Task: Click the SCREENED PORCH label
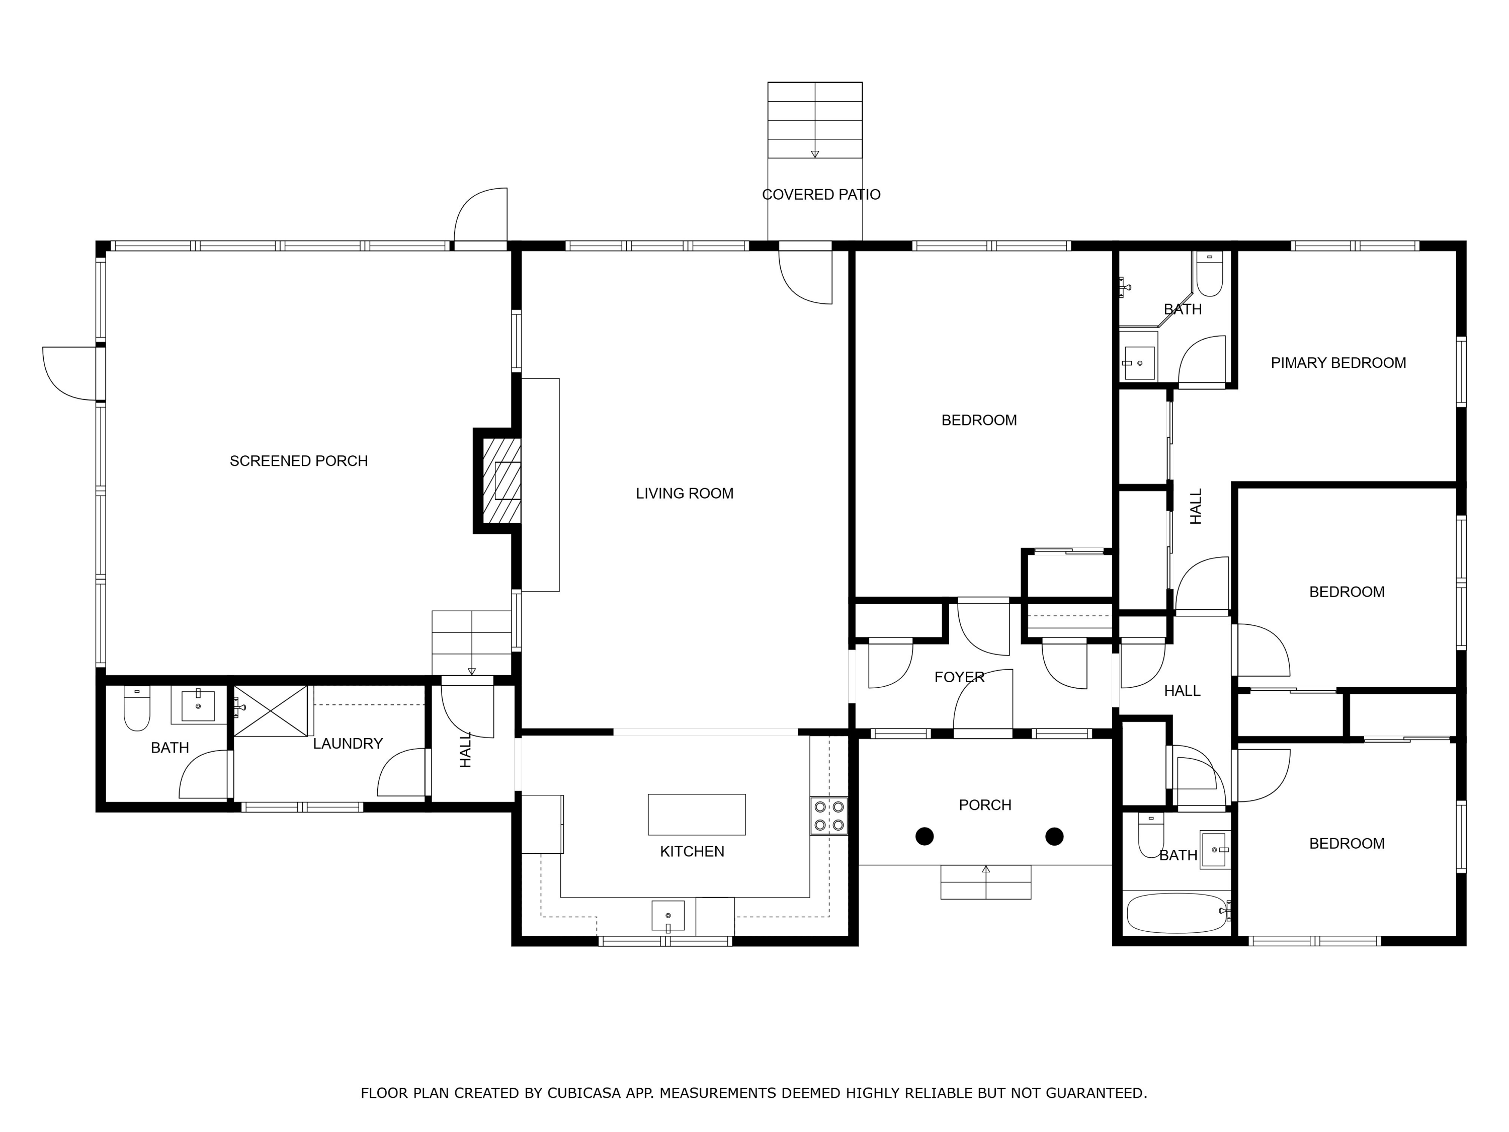pyautogui.click(x=298, y=461)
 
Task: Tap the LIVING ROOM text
pyautogui.click(x=684, y=494)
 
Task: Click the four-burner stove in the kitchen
pyautogui.click(x=829, y=816)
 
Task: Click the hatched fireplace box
pyautogui.click(x=501, y=481)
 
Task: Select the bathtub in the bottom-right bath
pyautogui.click(x=1175, y=914)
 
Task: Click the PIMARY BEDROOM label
pyautogui.click(x=1338, y=363)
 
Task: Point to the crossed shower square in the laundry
pyautogui.click(x=270, y=711)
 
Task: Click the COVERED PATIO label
pyautogui.click(x=821, y=195)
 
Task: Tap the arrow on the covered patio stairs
pyautogui.click(x=814, y=153)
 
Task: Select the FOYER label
pyautogui.click(x=959, y=678)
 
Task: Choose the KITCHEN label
pyautogui.click(x=692, y=852)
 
